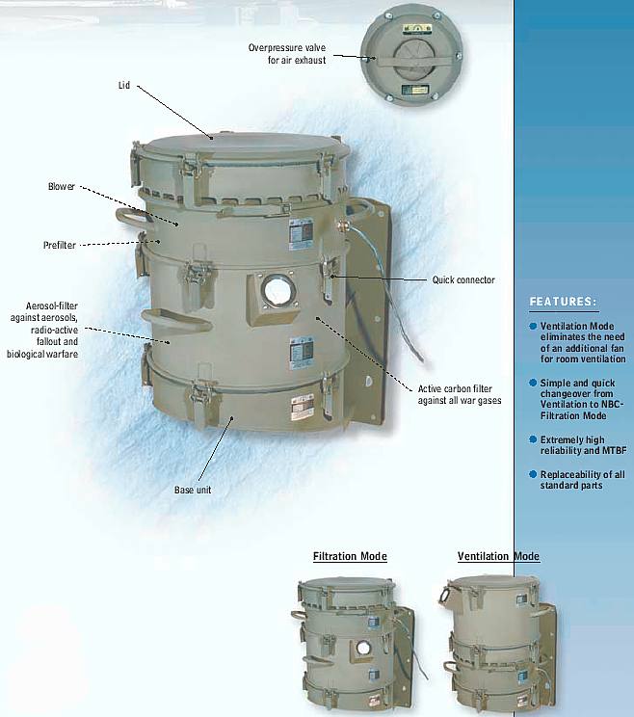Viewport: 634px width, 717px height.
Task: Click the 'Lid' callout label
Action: pyautogui.click(x=124, y=86)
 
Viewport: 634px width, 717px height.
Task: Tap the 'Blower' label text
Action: pyautogui.click(x=62, y=186)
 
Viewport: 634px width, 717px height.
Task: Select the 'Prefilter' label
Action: pyautogui.click(x=60, y=245)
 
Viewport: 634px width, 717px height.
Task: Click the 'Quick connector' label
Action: pyautogui.click(x=463, y=279)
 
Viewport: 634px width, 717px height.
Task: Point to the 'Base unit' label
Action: pyautogui.click(x=193, y=490)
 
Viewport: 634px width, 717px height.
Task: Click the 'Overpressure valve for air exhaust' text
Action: pyautogui.click(x=287, y=54)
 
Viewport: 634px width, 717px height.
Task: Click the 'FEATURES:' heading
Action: pyautogui.click(x=563, y=302)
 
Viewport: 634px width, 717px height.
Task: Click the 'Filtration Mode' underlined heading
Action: pyautogui.click(x=350, y=556)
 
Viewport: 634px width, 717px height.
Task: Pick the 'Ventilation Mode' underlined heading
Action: pyautogui.click(x=498, y=556)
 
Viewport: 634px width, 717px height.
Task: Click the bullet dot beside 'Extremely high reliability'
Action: pyautogui.click(x=533, y=439)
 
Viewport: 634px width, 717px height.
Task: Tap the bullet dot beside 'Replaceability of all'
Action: pyautogui.click(x=533, y=474)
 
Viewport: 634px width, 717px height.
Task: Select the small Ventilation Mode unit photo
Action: pyautogui.click(x=499, y=644)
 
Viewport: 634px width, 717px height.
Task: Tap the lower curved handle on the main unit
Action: pyautogui.click(x=176, y=319)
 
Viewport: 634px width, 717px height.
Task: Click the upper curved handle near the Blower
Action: pyautogui.click(x=134, y=218)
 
